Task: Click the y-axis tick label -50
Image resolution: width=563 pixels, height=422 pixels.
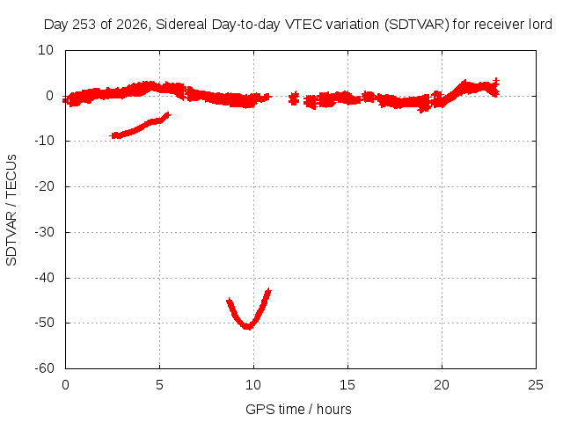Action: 44,323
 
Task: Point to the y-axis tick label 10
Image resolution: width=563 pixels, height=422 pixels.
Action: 46,50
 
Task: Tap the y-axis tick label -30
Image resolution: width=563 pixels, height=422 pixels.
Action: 44,232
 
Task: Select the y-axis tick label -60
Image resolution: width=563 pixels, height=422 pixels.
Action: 44,368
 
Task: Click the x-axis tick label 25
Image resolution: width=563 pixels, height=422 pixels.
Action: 536,385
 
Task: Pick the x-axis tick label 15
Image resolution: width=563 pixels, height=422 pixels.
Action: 347,385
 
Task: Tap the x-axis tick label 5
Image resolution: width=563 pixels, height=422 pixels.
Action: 159,385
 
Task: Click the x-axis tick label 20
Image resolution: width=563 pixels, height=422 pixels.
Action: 442,385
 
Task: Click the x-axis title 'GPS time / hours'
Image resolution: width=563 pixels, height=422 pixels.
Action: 298,409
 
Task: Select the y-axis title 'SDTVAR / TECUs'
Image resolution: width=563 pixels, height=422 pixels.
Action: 11,210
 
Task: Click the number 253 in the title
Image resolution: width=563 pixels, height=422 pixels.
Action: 84,25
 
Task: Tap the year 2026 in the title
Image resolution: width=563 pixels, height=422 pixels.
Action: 132,25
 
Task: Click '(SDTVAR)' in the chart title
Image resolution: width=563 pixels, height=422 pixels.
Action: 416,25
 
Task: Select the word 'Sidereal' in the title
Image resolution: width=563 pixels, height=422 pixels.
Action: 181,25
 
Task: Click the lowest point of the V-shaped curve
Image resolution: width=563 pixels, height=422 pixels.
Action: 248,327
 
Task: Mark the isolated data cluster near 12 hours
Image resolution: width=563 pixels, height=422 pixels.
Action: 294,98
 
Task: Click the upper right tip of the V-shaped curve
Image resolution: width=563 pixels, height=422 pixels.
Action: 268,290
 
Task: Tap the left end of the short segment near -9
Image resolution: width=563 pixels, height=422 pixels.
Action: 113,135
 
